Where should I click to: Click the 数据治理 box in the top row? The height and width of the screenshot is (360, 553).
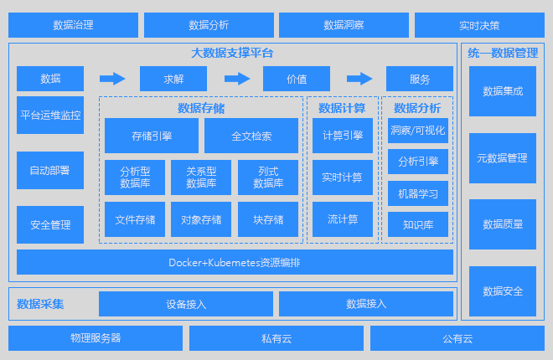[x=73, y=25]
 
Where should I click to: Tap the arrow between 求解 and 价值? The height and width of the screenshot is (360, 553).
[x=237, y=79]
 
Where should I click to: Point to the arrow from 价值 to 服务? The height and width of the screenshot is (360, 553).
[x=359, y=79]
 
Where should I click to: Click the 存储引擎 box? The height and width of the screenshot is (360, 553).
[x=152, y=136]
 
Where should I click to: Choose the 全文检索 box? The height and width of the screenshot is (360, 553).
[x=251, y=136]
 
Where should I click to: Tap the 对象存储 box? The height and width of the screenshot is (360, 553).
[x=201, y=220]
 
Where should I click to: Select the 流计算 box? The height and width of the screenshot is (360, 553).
[x=343, y=220]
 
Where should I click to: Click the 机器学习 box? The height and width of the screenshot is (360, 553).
[x=418, y=193]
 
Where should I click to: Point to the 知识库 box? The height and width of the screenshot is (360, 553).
[x=418, y=224]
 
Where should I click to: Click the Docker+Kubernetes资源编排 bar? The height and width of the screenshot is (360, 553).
[x=235, y=262]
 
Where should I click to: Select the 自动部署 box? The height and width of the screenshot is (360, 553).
[x=49, y=170]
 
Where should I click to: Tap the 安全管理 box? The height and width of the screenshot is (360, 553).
[x=50, y=224]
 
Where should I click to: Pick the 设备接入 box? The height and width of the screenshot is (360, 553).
[x=186, y=303]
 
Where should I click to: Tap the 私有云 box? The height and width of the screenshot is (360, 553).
[x=276, y=338]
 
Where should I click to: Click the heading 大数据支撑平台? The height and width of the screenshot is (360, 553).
[x=232, y=53]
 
